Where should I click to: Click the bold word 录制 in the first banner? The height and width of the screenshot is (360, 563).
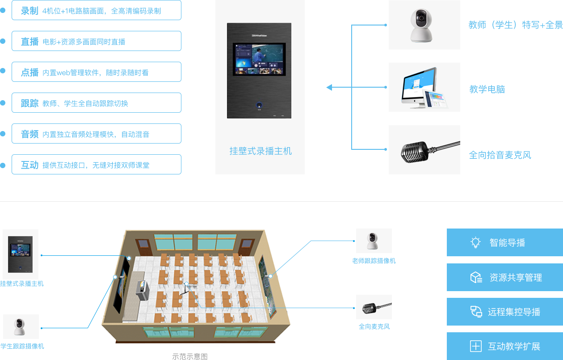[29, 11]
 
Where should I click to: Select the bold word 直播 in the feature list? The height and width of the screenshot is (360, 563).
[29, 42]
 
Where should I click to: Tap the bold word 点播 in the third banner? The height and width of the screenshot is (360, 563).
[29, 72]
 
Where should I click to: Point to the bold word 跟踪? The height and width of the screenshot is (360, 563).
[29, 103]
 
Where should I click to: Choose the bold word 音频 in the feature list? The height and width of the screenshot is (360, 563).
[29, 134]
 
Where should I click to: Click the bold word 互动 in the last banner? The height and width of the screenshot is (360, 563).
[29, 165]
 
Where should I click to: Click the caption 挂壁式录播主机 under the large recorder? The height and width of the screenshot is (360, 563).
[260, 151]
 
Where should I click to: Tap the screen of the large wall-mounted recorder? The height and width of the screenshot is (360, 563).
[259, 60]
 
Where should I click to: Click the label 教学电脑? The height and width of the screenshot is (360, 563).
[487, 89]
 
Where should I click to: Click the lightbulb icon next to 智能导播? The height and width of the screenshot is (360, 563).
[475, 242]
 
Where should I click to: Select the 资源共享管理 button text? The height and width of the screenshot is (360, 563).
[516, 278]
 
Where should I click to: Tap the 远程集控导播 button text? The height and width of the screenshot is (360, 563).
[514, 312]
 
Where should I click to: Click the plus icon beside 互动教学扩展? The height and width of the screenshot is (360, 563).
[475, 346]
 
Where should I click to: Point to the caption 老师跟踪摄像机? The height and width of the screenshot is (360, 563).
[374, 261]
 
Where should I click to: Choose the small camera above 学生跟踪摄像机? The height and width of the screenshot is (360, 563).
[19, 327]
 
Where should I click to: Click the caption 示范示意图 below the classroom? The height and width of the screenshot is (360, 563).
[190, 356]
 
